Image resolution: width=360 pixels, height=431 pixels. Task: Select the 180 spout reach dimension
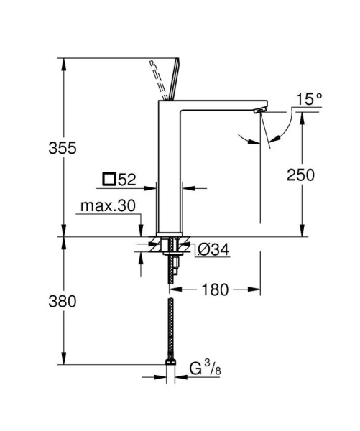[x=215, y=289]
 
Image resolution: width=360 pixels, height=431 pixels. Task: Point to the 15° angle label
[x=309, y=99]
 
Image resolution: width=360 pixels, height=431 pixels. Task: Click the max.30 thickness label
[x=108, y=206]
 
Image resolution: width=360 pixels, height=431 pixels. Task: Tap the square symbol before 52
[x=109, y=177]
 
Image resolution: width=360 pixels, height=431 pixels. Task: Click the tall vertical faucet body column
[x=170, y=172]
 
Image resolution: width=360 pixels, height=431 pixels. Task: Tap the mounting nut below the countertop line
[x=170, y=246]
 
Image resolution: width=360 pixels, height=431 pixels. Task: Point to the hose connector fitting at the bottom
[x=170, y=364]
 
